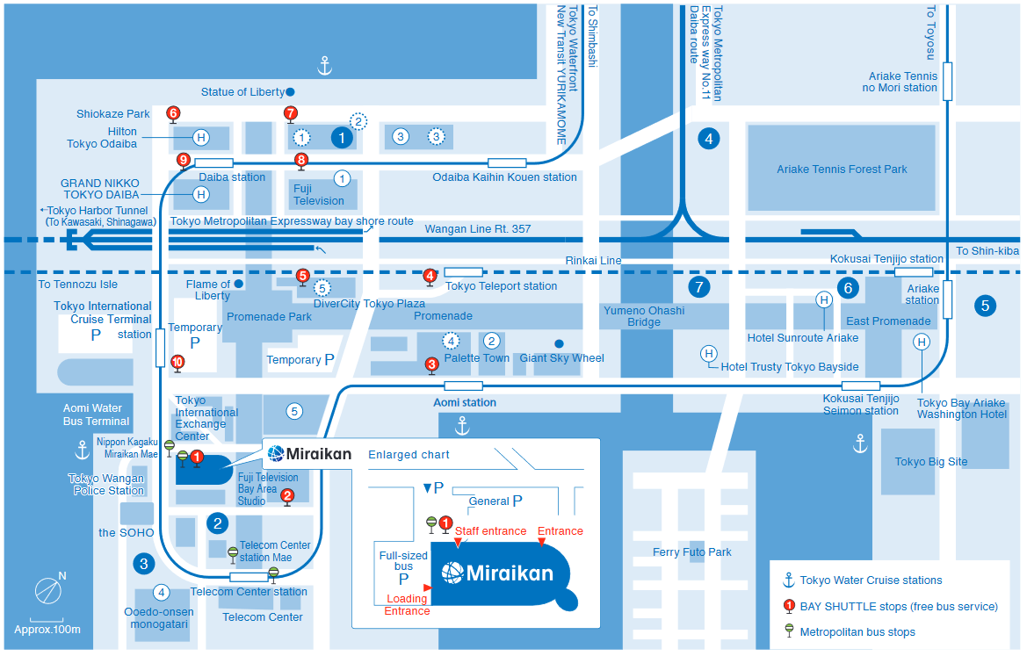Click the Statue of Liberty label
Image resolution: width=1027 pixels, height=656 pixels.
[242, 92]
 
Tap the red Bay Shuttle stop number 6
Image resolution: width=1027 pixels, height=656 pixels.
[173, 113]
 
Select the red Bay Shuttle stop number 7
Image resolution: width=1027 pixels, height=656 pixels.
[291, 113]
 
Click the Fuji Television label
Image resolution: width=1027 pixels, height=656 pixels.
[319, 194]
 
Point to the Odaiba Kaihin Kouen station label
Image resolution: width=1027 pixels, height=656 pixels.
[504, 177]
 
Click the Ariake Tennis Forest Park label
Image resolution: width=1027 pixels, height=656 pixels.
[841, 169]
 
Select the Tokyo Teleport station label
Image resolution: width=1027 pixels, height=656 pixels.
[501, 286]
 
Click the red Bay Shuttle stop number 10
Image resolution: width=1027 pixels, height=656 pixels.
[177, 362]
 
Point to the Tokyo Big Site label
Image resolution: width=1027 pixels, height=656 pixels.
[930, 462]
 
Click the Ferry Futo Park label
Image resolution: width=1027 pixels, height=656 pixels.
[691, 552]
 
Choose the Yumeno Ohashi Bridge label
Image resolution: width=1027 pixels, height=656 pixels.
[644, 316]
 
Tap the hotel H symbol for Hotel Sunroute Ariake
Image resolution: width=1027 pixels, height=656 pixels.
[824, 299]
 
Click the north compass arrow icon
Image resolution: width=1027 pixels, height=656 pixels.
[49, 591]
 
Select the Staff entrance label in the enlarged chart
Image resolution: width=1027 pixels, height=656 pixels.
[490, 531]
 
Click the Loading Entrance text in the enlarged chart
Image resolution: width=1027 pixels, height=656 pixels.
[407, 605]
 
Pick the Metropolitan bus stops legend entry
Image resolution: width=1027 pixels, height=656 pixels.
[857, 632]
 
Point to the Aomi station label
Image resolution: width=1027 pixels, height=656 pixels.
[465, 403]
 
